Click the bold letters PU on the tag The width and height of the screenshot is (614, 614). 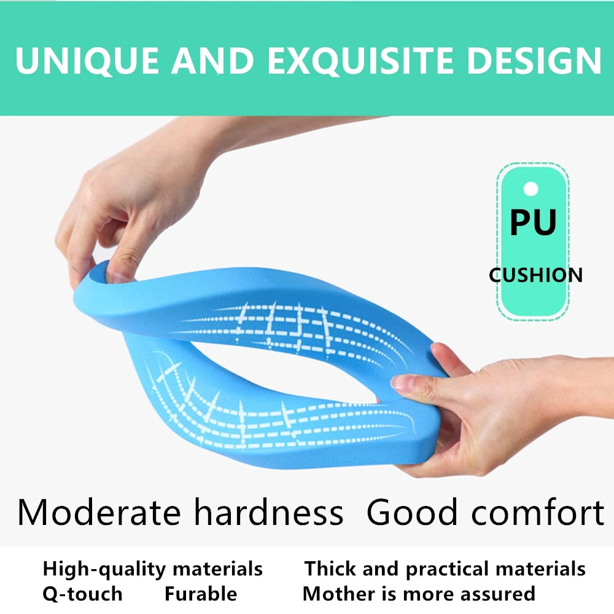click(x=533, y=222)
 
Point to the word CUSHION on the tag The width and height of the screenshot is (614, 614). click(x=535, y=275)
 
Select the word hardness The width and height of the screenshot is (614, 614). click(x=267, y=513)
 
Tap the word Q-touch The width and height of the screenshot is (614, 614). click(x=82, y=594)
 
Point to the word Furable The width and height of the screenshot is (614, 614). click(x=200, y=594)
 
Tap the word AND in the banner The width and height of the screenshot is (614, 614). click(x=212, y=60)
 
